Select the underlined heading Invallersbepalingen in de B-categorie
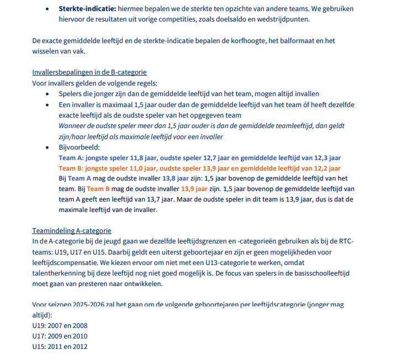[x=89, y=72]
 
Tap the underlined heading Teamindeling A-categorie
[x=72, y=231]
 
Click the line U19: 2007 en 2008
[x=60, y=326]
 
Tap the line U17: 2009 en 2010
[x=60, y=336]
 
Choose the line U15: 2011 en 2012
[x=60, y=347]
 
